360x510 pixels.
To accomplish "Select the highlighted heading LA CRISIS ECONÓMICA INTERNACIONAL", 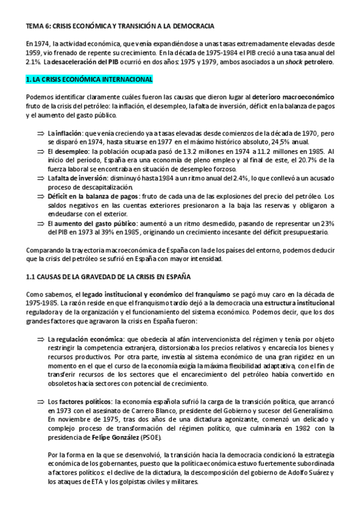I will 89,79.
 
